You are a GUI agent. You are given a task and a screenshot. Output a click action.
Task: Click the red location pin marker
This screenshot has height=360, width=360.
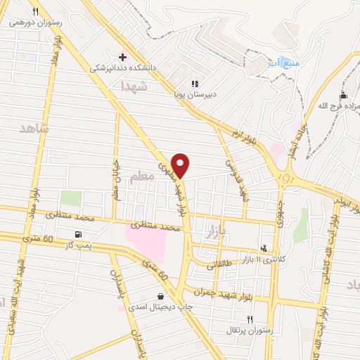pos(181,165)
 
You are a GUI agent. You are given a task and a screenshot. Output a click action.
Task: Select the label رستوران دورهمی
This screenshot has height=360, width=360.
pos(36,22)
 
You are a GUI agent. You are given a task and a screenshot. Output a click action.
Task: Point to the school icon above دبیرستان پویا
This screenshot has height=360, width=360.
pos(195,83)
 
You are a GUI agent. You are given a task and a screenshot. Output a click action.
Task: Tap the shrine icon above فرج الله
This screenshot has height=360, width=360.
pos(343,95)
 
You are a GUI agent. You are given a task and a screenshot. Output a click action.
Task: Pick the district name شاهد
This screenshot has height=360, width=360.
pos(33,128)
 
